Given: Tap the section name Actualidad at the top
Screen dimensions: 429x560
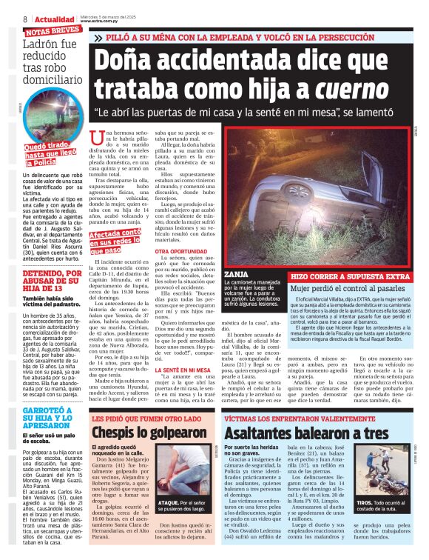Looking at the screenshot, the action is click(55, 19).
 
